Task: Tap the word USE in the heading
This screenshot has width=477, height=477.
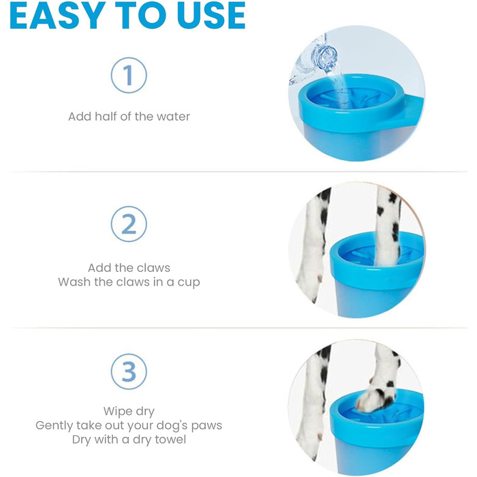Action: (211, 16)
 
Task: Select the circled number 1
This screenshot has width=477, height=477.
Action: (129, 75)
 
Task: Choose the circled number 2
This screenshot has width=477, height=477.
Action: (129, 224)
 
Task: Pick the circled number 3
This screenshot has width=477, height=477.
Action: (129, 371)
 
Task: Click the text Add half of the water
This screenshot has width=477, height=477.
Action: (129, 117)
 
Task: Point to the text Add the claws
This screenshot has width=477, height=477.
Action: (129, 268)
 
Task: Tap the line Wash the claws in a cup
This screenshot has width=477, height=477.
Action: (129, 282)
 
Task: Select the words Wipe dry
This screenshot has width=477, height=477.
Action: (129, 412)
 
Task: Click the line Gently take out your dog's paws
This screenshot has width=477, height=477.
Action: (129, 425)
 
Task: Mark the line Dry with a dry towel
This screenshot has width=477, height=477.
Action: (129, 440)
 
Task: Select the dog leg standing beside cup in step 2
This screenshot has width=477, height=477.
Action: (313, 243)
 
